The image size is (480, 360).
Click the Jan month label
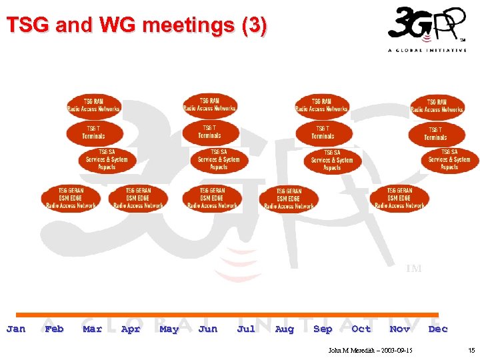click(x=16, y=329)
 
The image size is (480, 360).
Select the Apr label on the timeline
click(x=131, y=329)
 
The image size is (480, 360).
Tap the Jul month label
click(x=246, y=329)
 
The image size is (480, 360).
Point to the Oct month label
click(x=361, y=329)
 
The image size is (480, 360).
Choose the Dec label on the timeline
click(x=438, y=329)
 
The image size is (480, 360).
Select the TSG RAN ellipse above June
click(x=210, y=105)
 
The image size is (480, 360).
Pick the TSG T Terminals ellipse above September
click(x=323, y=132)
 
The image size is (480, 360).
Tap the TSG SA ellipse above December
click(x=449, y=160)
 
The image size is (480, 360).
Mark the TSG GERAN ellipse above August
click(x=289, y=199)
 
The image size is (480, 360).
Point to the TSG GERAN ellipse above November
click(x=399, y=198)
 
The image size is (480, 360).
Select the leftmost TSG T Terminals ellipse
click(x=94, y=132)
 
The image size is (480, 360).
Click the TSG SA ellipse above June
click(x=219, y=160)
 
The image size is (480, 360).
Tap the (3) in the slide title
click(x=254, y=26)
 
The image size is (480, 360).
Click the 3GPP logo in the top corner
click(x=425, y=25)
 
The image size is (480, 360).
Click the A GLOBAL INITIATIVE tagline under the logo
click(x=427, y=50)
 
